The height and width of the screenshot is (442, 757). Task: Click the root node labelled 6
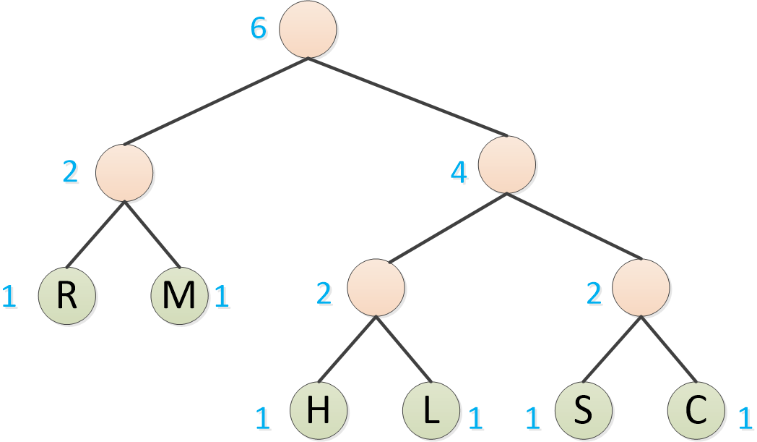coord(308,30)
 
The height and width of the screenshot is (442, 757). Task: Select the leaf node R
coord(66,296)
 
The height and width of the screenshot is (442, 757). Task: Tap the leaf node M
coord(180,296)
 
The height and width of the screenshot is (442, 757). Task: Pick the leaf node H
coord(318,410)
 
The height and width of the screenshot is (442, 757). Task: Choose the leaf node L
coord(431,410)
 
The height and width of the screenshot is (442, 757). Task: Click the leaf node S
coord(583,410)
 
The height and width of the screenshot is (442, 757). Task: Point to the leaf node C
coord(696,410)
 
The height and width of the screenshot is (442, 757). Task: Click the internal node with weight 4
coord(507,164)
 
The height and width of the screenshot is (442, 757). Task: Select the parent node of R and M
coord(124,172)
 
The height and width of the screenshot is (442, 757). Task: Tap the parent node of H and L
coord(376,287)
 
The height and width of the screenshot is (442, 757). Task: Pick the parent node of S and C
coord(641,287)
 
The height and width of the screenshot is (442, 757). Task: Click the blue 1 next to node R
coord(9,297)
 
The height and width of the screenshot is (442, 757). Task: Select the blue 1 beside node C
coord(745,418)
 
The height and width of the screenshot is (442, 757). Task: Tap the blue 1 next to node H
coord(263,418)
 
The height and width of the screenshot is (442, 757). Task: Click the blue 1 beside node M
coord(222,297)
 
